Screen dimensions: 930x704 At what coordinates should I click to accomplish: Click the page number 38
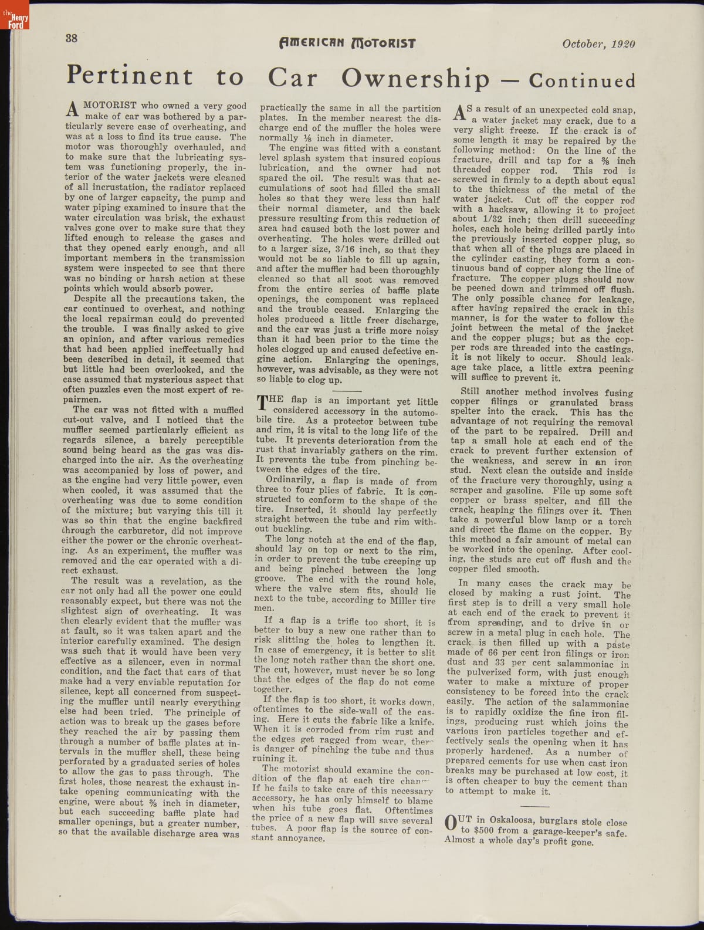(x=71, y=39)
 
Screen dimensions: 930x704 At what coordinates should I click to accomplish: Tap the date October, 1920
(x=598, y=43)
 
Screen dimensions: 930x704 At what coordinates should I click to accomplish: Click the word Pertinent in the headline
(x=130, y=76)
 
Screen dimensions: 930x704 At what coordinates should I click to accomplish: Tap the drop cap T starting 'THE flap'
(x=263, y=404)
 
